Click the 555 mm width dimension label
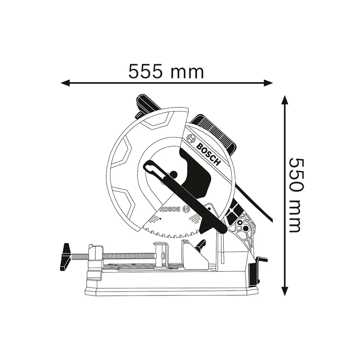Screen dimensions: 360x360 coord(166,71)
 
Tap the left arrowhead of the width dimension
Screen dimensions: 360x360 coord(65,83)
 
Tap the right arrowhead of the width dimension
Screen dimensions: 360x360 coord(268,83)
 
